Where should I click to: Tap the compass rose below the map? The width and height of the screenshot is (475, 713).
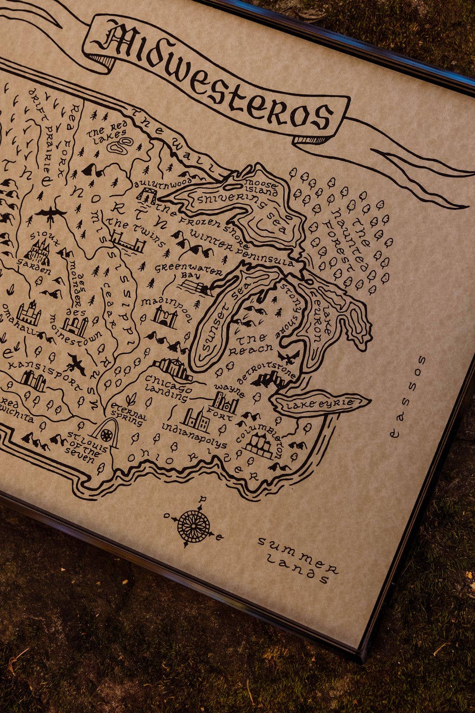point(193,526)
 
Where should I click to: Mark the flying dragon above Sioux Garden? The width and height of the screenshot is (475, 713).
point(51,214)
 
